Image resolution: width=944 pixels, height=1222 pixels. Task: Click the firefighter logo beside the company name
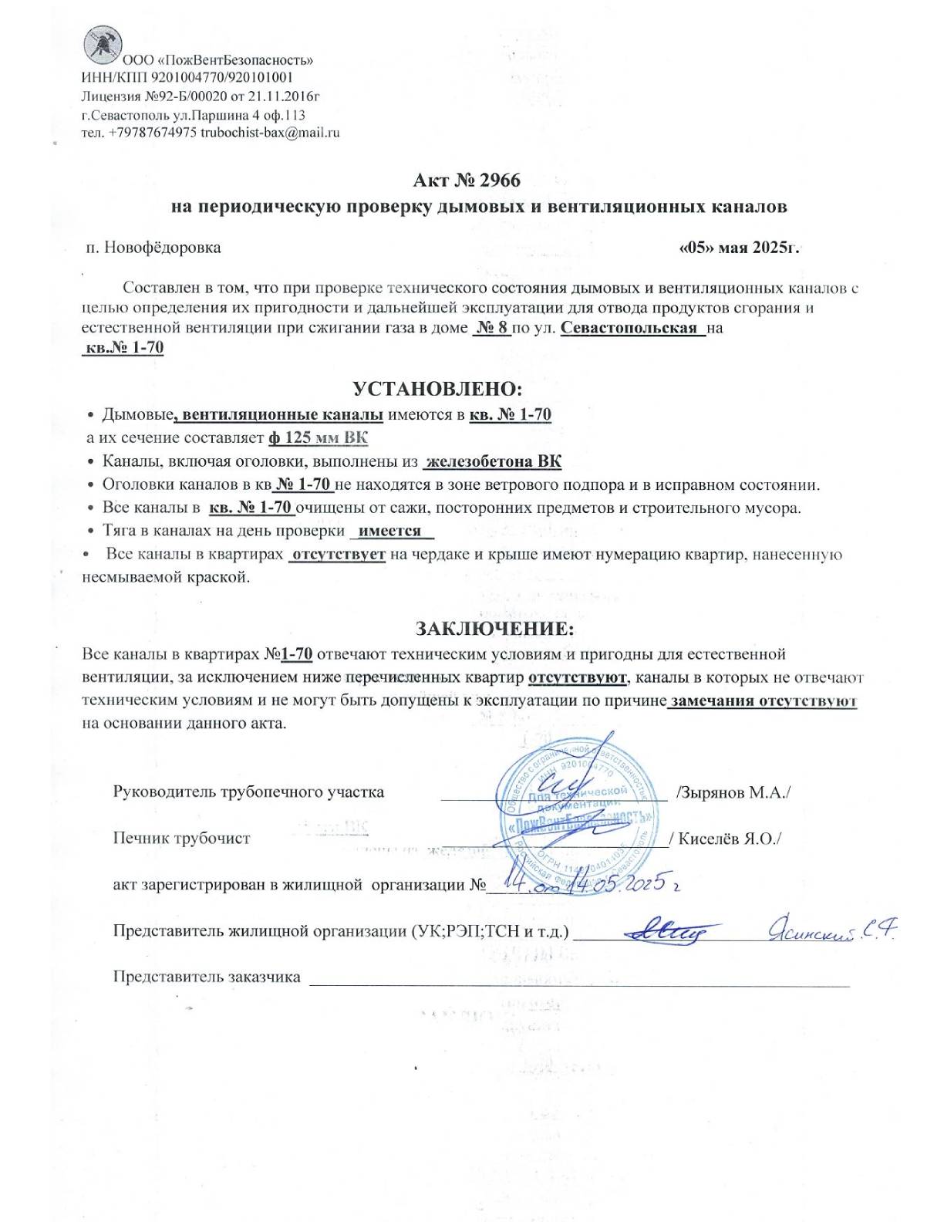[x=100, y=44]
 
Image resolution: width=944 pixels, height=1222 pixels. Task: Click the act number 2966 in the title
[x=500, y=181]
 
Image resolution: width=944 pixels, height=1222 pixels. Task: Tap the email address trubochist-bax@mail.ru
[x=270, y=133]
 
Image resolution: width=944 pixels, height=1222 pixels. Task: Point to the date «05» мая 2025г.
[x=738, y=248]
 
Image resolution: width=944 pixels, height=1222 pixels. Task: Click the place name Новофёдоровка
[x=162, y=248]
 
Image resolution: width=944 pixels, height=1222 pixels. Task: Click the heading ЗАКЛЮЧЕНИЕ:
[x=495, y=628]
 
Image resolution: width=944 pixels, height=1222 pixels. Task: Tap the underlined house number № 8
[x=491, y=327]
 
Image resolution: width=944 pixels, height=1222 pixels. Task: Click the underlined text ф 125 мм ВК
[x=318, y=438]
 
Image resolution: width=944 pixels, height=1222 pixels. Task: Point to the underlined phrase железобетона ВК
[x=494, y=462]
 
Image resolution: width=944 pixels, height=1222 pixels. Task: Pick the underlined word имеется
[x=390, y=531]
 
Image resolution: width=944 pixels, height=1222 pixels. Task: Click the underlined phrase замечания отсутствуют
[x=764, y=701]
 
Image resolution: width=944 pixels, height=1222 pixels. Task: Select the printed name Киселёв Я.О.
[x=729, y=839]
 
